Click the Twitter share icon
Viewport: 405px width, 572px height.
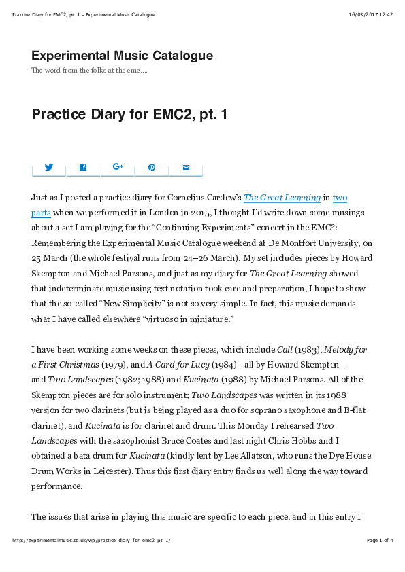coord(49,167)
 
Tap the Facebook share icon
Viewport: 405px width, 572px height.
coord(83,167)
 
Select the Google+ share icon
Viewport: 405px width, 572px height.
coord(118,167)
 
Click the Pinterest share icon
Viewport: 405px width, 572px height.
coord(152,167)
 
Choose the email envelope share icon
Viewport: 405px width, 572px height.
coord(186,167)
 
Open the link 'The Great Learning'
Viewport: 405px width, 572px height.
coord(282,198)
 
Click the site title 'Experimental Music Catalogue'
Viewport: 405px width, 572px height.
coord(122,56)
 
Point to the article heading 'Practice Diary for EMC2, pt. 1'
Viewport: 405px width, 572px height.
coord(129,114)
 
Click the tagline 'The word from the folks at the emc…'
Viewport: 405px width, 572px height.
coord(89,71)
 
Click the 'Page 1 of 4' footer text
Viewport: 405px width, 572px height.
coord(379,541)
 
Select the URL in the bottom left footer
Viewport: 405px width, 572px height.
coord(91,541)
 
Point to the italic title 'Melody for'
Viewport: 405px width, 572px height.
coord(345,350)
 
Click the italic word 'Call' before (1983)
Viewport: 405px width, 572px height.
coord(285,350)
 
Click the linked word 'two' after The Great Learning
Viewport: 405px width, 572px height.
coord(340,198)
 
